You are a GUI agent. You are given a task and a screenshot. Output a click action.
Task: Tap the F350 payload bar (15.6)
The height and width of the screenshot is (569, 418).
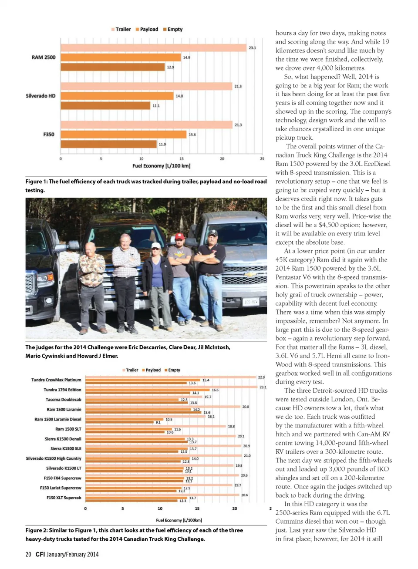click(x=124, y=135)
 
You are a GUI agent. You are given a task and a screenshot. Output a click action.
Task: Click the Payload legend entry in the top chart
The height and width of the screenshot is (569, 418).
click(x=147, y=29)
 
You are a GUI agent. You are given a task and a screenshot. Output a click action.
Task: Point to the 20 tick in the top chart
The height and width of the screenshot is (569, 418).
click(x=222, y=159)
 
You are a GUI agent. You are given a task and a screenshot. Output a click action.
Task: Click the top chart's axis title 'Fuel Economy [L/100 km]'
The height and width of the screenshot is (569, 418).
click(x=161, y=166)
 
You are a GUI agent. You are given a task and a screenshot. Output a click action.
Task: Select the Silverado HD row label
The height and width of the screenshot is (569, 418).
click(x=40, y=96)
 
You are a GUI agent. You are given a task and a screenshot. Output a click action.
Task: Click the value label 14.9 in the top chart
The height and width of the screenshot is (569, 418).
click(x=186, y=57)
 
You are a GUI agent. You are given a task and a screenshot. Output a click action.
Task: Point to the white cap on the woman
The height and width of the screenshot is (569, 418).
click(x=155, y=246)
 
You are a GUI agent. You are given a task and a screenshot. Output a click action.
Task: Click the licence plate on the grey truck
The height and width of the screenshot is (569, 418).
click(x=251, y=302)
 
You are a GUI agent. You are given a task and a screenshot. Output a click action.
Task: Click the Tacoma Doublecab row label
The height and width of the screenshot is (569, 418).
click(x=63, y=400)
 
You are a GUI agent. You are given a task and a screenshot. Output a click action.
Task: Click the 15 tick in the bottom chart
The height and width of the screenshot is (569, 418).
click(x=197, y=508)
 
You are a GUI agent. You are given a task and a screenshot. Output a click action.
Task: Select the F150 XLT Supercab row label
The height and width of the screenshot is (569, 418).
click(x=64, y=498)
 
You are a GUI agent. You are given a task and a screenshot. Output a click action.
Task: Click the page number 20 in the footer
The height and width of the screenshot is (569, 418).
click(x=28, y=554)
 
